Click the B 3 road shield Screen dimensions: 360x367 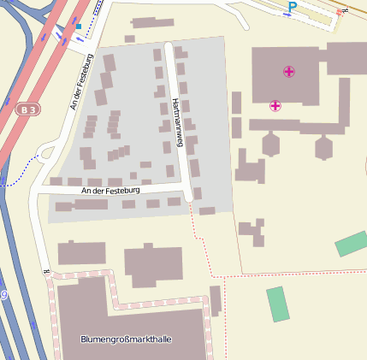[x=29, y=109]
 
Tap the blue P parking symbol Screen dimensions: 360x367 [x=293, y=7]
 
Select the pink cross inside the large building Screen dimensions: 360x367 [x=289, y=72]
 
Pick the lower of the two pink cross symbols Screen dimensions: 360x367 [x=275, y=106]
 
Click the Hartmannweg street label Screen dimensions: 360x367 [x=179, y=121]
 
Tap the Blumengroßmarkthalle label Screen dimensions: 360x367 [x=126, y=339]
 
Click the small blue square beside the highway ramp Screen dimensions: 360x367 [x=79, y=26]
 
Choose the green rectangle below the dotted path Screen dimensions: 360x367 [x=278, y=304]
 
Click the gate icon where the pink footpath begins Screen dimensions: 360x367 [x=46, y=273]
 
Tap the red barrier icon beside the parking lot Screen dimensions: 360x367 [x=340, y=13]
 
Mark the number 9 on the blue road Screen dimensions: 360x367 [x=3, y=295]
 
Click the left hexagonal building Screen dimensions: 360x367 [x=271, y=145]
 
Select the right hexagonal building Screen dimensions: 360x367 [x=323, y=147]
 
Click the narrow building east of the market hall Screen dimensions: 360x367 [x=215, y=300]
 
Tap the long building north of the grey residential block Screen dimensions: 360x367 [x=153, y=23]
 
